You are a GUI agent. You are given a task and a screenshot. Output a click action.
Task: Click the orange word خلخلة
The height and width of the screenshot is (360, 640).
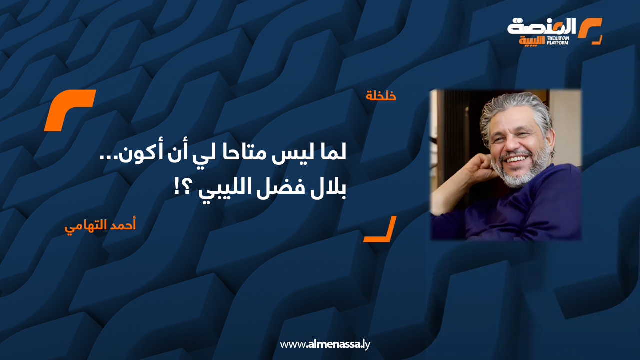pos(381,95)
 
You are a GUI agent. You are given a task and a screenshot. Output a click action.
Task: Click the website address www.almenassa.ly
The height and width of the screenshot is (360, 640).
pos(325,344)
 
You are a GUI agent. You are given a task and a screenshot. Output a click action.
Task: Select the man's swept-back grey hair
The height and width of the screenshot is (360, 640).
pos(515,107)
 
